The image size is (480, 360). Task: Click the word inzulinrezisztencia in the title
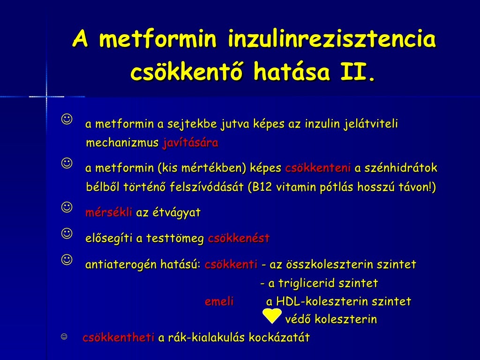click(x=332, y=40)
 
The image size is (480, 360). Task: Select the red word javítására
click(x=190, y=143)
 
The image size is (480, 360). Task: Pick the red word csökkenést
click(x=239, y=239)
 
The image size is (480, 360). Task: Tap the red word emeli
click(x=219, y=302)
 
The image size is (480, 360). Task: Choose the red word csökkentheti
click(x=118, y=338)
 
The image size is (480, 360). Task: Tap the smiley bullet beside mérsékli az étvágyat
click(x=67, y=207)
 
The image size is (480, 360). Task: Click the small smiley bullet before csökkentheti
click(x=64, y=337)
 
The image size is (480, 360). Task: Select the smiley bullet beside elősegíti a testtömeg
click(x=67, y=233)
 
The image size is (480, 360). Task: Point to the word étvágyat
click(x=175, y=213)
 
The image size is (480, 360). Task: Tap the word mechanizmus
click(x=122, y=143)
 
